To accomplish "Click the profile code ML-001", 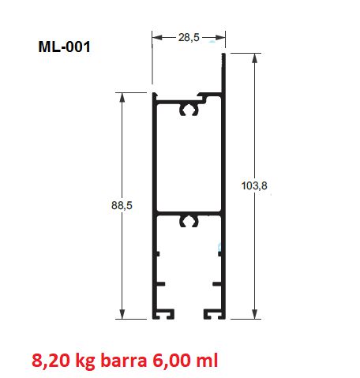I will (65, 47).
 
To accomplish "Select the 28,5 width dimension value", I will (189, 37).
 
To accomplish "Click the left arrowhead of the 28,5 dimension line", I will (156, 37).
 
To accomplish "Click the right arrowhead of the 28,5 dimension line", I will (223, 37).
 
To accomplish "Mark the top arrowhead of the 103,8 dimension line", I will (254, 60).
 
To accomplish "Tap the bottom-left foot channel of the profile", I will (165, 314).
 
